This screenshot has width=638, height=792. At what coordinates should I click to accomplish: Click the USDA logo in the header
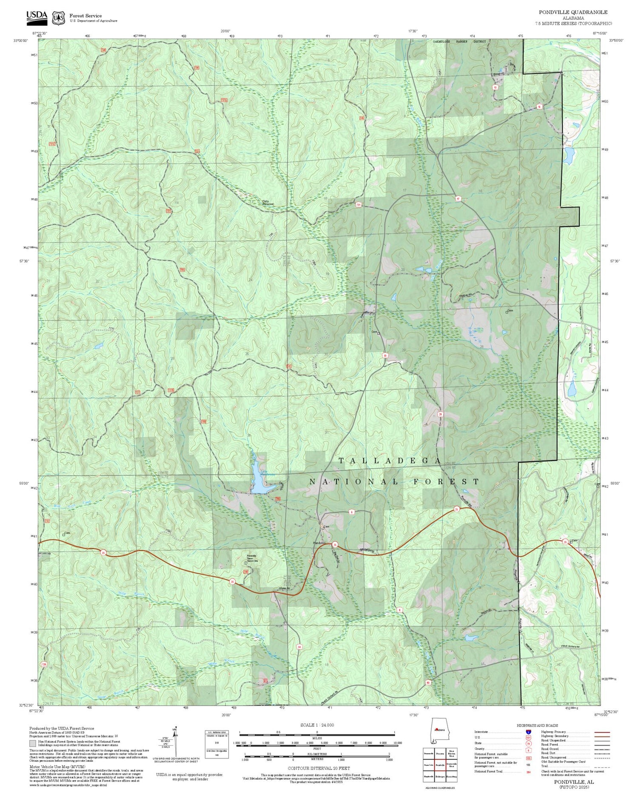[37, 16]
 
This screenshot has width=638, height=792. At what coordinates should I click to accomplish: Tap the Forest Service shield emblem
[58, 18]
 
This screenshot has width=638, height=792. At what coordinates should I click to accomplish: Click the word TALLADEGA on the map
[389, 461]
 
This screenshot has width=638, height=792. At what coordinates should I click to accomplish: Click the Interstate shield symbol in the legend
[528, 732]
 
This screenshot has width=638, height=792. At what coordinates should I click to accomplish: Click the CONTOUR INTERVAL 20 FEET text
[319, 768]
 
